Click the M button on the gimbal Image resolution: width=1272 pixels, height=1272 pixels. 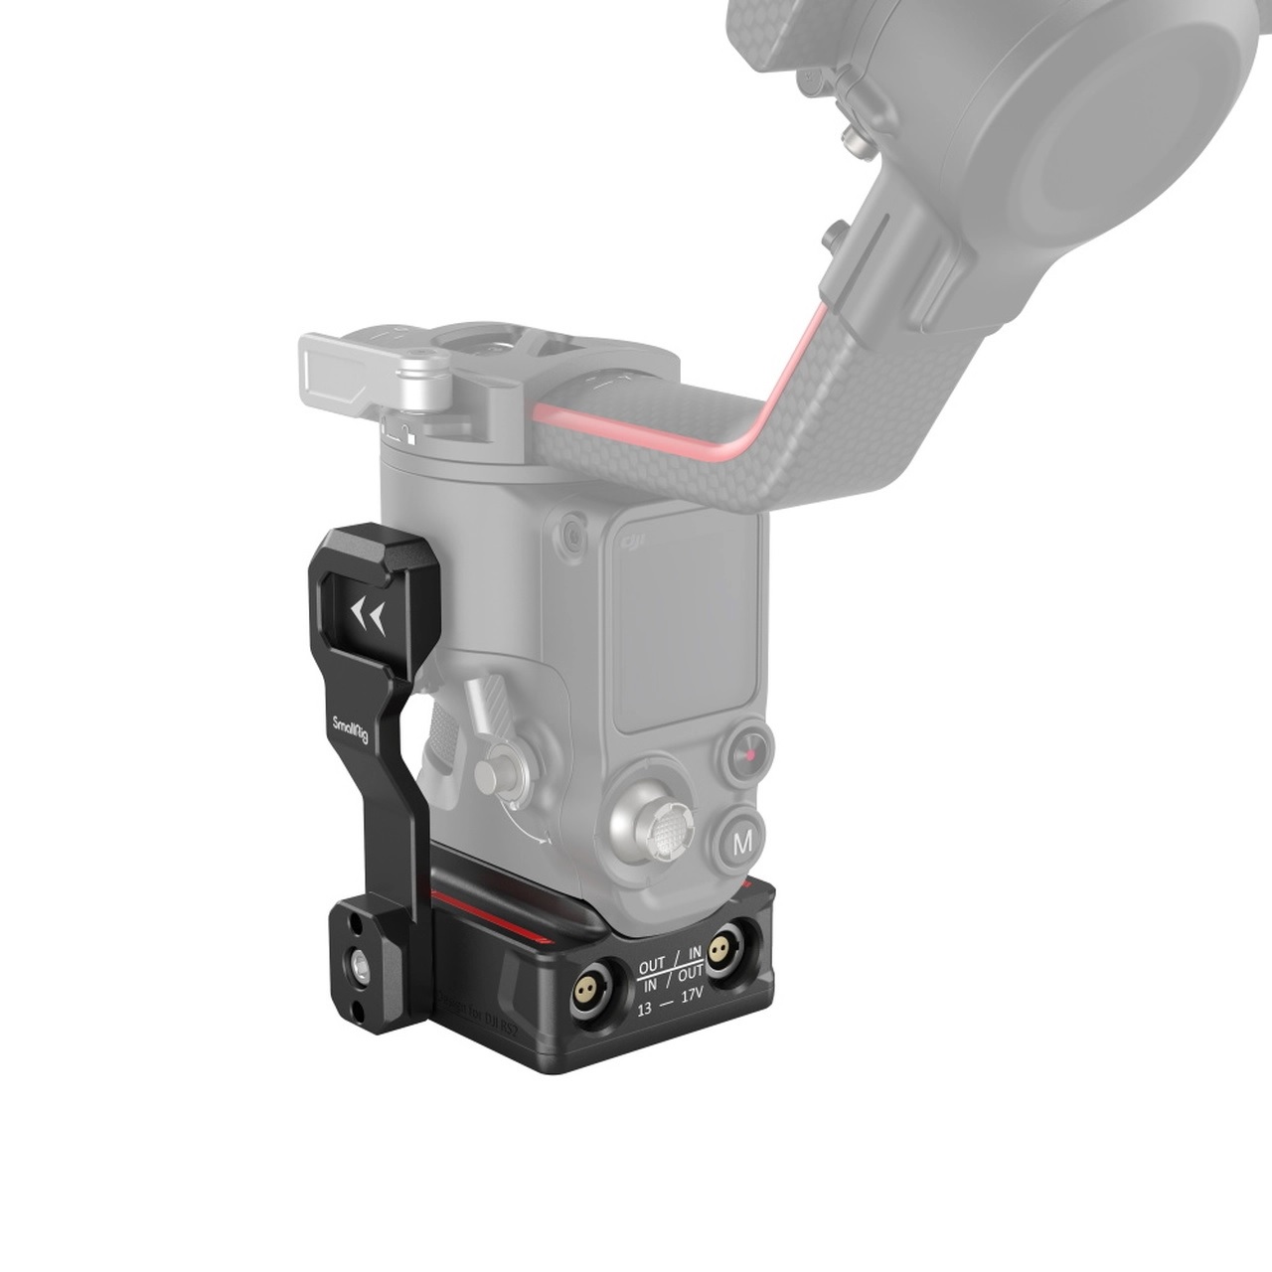pyautogui.click(x=741, y=844)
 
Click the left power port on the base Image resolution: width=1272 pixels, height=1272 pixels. pyautogui.click(x=589, y=988)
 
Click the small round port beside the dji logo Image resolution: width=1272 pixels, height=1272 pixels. pyautogui.click(x=572, y=534)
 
